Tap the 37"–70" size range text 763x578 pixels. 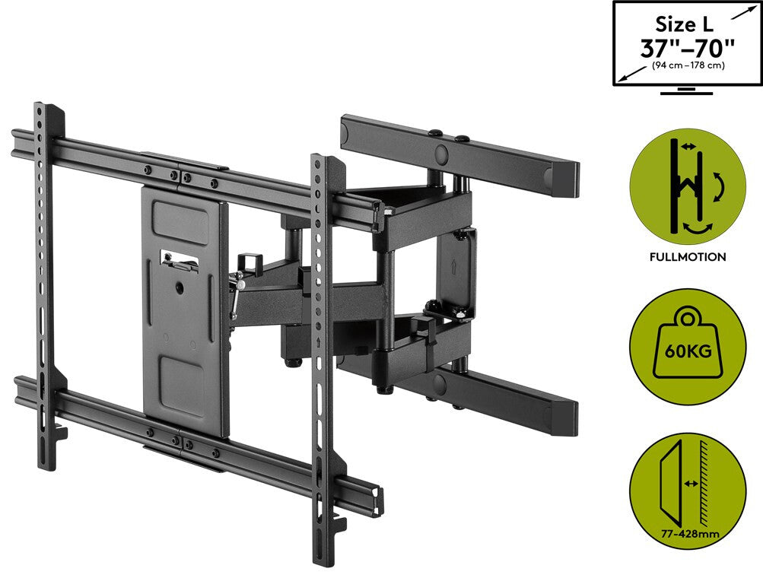click(x=687, y=48)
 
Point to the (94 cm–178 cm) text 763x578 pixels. click(x=688, y=66)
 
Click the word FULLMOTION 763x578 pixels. click(x=688, y=257)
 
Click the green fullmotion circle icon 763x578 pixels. click(x=688, y=187)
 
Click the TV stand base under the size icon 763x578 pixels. click(x=687, y=91)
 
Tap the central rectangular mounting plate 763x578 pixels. click(x=183, y=312)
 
